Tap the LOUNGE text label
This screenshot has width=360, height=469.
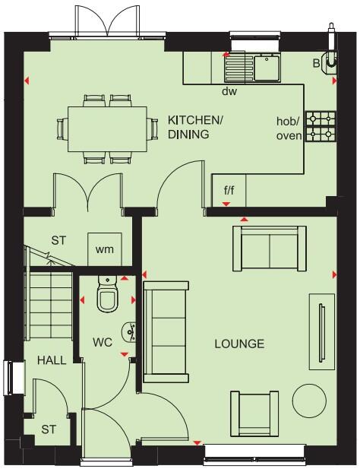[x=238, y=344]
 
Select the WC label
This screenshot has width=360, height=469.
[x=103, y=343]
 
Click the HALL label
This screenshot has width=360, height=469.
[x=52, y=360]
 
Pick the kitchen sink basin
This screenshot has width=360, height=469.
[x=268, y=68]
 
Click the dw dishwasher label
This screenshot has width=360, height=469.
[x=229, y=91]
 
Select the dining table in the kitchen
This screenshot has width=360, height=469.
[x=107, y=127]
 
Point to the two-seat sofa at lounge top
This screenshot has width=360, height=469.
[x=268, y=249]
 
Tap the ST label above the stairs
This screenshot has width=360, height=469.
[x=58, y=241]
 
